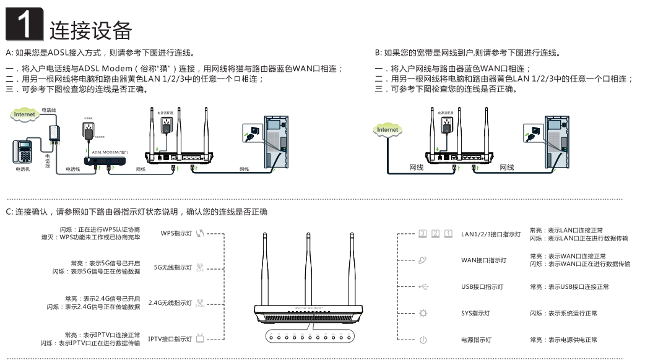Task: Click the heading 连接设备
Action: [x=91, y=29]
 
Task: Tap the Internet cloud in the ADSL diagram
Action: [x=25, y=114]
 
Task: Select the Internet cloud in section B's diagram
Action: [x=387, y=129]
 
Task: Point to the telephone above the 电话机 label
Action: [x=23, y=152]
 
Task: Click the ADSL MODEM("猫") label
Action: [x=110, y=151]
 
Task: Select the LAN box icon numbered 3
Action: [x=423, y=234]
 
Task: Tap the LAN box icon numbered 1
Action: [x=448, y=234]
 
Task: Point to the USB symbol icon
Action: [x=423, y=286]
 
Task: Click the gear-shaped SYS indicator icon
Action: [x=423, y=314]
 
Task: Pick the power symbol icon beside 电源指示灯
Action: [x=423, y=340]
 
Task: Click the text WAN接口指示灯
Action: [x=483, y=260]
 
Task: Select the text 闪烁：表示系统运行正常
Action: [x=563, y=314]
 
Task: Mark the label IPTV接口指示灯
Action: [x=170, y=339]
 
